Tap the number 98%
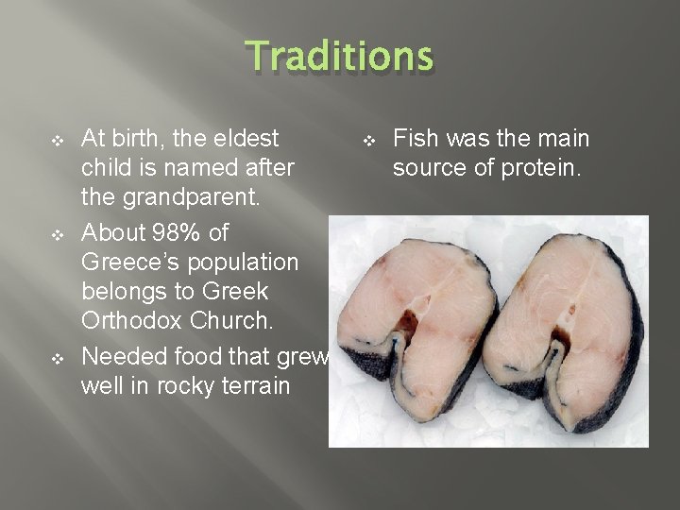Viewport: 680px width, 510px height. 191,232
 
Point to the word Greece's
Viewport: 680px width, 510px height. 137,263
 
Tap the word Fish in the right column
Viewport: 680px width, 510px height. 416,139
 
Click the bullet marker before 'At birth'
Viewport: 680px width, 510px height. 56,141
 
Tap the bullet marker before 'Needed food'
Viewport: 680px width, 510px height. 56,358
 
